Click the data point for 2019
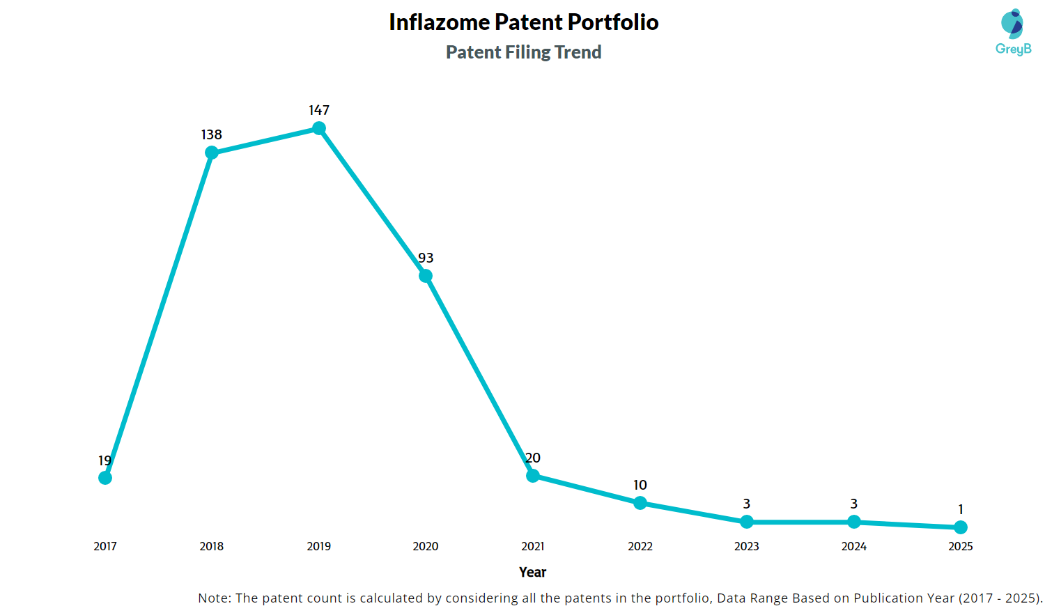[x=319, y=128]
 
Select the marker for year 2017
[x=105, y=478]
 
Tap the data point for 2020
[x=426, y=276]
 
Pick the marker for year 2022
[x=640, y=503]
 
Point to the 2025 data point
[x=961, y=527]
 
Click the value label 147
[x=319, y=110]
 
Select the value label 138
[x=212, y=134]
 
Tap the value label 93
[x=426, y=258]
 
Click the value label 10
[x=640, y=485]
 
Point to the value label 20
[x=533, y=458]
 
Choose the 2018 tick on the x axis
[x=212, y=546]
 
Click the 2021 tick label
[x=533, y=546]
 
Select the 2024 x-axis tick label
[x=854, y=546]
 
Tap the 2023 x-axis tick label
[x=747, y=546]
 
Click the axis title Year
[x=533, y=572]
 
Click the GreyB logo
[x=1013, y=32]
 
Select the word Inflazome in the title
[x=439, y=22]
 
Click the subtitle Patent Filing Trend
[x=524, y=52]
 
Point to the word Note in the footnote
[x=214, y=598]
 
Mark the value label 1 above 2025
[x=961, y=509]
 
